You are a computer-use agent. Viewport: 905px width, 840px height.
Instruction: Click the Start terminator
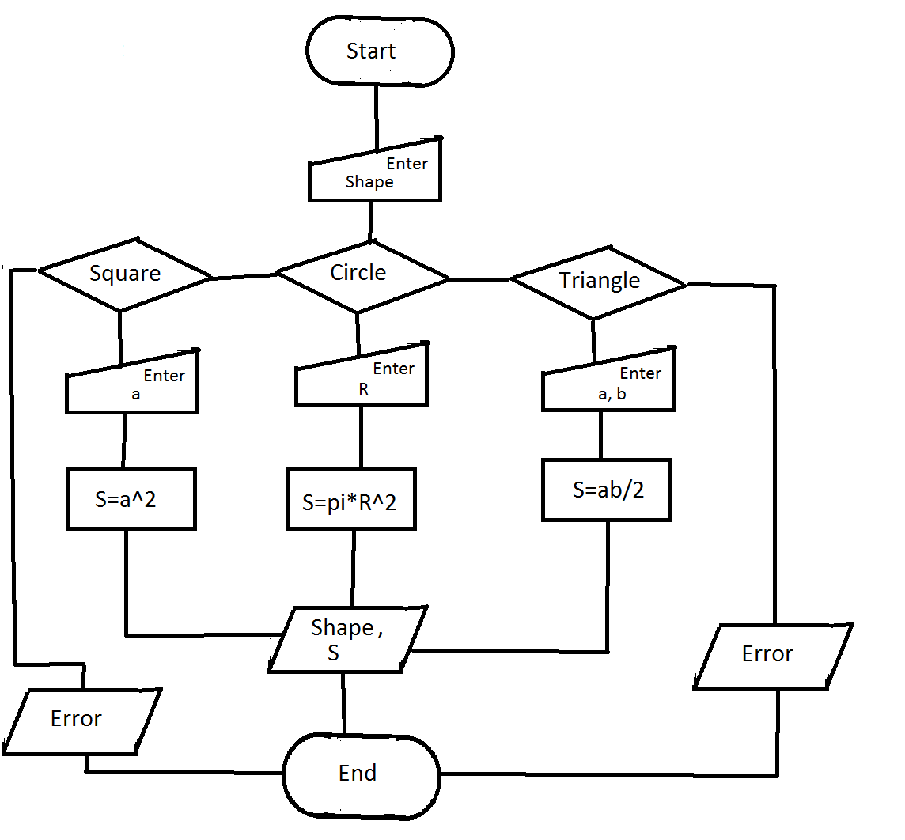coord(381,51)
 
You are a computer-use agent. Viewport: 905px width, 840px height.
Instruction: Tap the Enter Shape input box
coord(374,172)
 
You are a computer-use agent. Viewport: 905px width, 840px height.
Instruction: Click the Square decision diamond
coord(125,274)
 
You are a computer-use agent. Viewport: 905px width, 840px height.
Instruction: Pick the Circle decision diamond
coord(362,274)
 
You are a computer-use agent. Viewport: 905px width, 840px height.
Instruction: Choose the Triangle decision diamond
coord(598,281)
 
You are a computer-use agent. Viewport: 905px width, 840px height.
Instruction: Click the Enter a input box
coord(132,384)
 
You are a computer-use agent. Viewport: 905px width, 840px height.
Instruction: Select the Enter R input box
coord(362,378)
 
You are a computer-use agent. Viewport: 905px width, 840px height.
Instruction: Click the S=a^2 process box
coord(131,498)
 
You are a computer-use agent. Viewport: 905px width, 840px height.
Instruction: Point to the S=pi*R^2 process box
coord(350,501)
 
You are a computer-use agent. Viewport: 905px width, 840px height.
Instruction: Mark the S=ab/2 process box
coord(607,490)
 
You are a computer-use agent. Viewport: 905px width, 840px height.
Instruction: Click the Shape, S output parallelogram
coord(346,640)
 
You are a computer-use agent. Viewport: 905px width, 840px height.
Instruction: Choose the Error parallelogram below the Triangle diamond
coord(772,655)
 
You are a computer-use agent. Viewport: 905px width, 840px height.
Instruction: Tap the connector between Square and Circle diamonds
coord(244,276)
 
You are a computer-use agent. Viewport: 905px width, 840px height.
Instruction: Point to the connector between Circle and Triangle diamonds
coord(479,278)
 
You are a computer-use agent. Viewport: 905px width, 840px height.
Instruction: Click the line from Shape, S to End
coord(343,703)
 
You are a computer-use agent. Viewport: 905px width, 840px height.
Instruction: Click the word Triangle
coord(599,281)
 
